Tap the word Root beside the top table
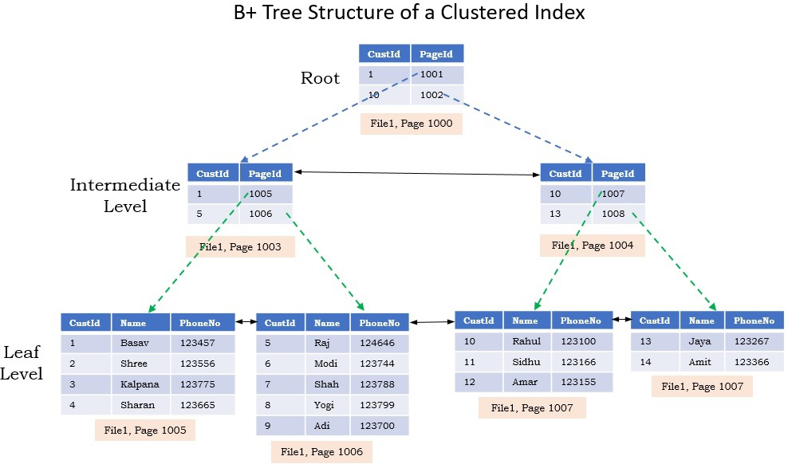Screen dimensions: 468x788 pos(320,78)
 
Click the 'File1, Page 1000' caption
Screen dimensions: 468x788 pos(411,124)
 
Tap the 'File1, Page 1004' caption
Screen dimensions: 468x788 pos(592,246)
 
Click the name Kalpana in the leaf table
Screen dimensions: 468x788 pos(140,384)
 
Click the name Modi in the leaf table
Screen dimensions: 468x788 pos(326,364)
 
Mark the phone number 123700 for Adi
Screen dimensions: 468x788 pos(376,426)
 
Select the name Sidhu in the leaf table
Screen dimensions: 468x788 pos(526,362)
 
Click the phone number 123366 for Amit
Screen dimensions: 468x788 pos(751,362)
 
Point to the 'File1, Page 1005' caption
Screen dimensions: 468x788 pos(145,431)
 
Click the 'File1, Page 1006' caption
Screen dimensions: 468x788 pos(321,452)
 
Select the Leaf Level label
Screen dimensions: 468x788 pos(22,362)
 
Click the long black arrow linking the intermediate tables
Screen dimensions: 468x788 pos(416,172)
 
